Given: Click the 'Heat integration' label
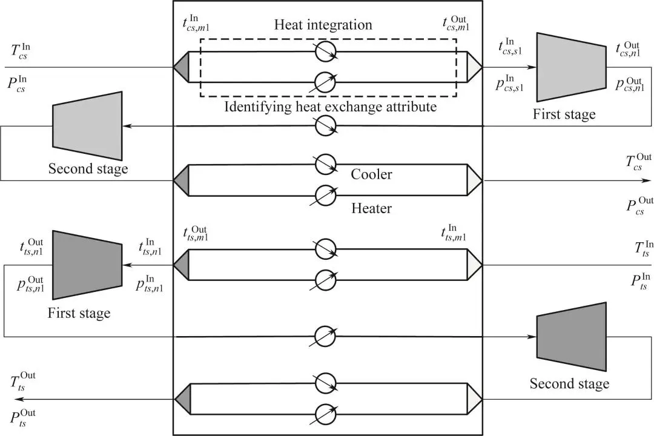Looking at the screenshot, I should [323, 25].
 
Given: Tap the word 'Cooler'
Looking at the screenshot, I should [371, 174].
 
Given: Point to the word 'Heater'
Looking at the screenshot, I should [371, 208].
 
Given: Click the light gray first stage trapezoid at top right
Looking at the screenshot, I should [570, 67].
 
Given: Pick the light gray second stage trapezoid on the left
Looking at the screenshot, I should [88, 121].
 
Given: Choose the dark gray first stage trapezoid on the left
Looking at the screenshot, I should [88, 265].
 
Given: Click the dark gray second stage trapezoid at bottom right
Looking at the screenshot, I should [571, 337].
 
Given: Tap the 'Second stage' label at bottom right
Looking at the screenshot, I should [569, 383].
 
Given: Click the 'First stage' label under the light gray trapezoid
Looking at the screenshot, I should [564, 114].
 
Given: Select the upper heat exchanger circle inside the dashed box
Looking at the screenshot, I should [326, 52].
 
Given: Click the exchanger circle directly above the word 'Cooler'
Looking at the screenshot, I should [326, 163].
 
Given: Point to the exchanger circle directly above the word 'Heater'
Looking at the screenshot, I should [326, 195].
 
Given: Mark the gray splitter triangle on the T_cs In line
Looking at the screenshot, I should [182, 67].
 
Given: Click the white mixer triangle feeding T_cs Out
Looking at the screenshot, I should [475, 180].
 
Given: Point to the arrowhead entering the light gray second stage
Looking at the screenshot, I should [127, 126].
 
